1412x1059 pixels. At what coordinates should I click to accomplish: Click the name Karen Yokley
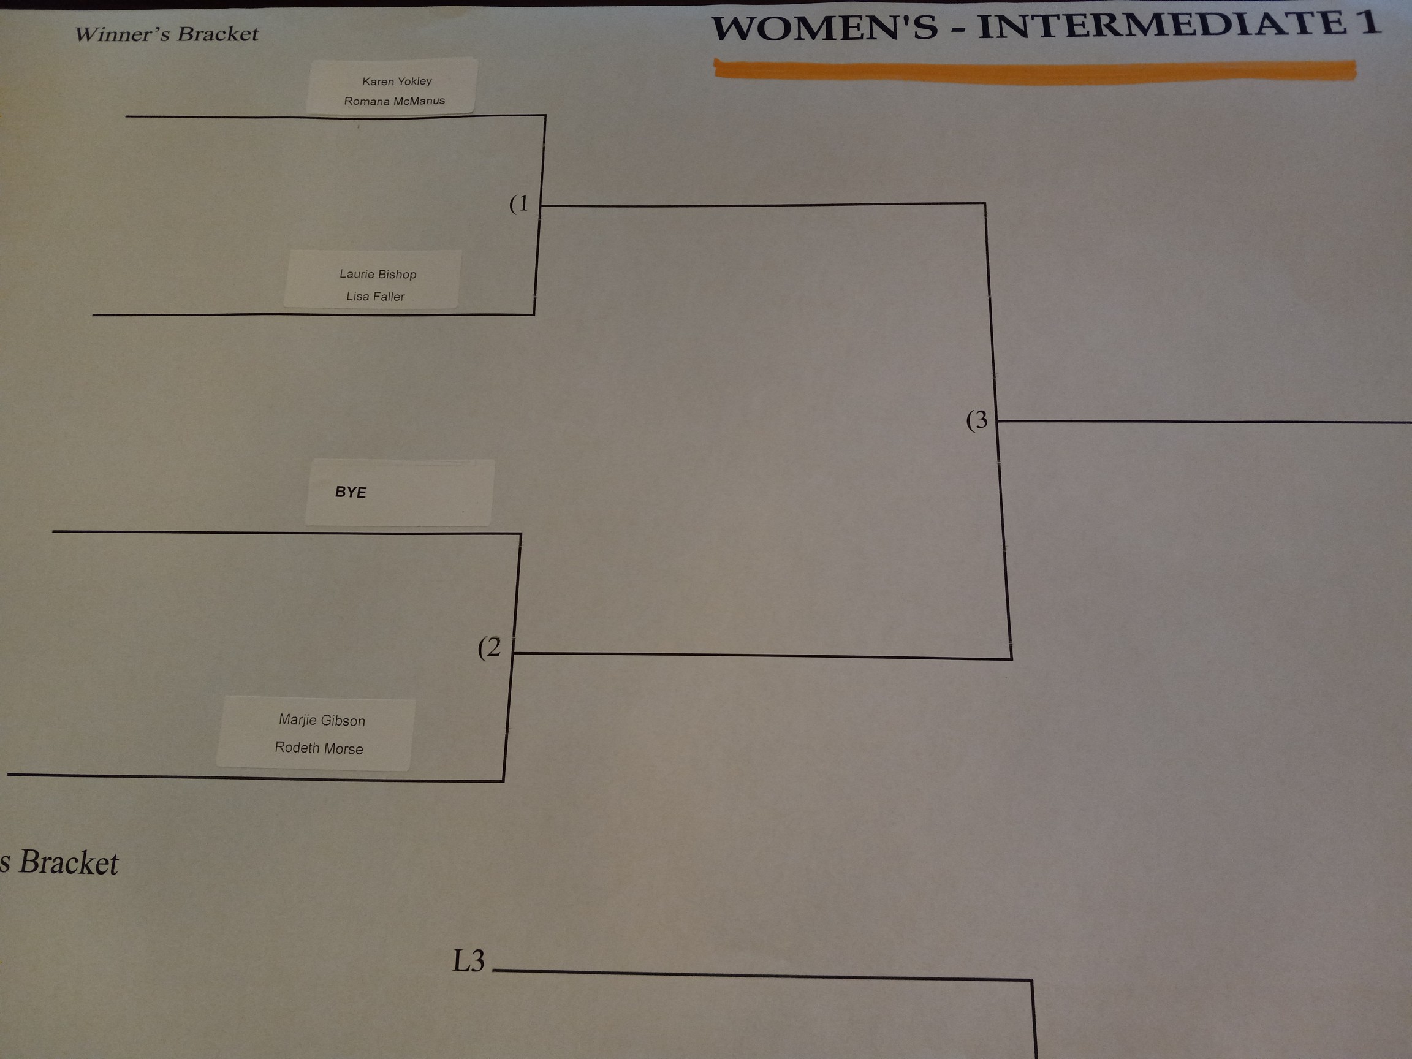pyautogui.click(x=397, y=81)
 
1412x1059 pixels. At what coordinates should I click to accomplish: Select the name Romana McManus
pyautogui.click(x=394, y=101)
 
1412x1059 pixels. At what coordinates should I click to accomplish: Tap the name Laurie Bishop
pyautogui.click(x=378, y=274)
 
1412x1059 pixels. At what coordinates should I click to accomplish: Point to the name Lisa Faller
pyautogui.click(x=375, y=296)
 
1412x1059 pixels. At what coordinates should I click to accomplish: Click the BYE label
pyautogui.click(x=351, y=492)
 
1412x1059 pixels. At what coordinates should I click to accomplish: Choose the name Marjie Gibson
pyautogui.click(x=322, y=720)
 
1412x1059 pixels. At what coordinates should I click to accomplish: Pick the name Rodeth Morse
pyautogui.click(x=319, y=748)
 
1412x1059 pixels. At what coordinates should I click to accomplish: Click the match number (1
pyautogui.click(x=519, y=203)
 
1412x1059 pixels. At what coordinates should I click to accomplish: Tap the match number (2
pyautogui.click(x=490, y=647)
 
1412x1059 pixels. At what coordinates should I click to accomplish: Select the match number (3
pyautogui.click(x=977, y=420)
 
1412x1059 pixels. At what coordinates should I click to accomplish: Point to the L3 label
pyautogui.click(x=469, y=961)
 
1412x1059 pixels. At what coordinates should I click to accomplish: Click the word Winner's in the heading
pyautogui.click(x=122, y=34)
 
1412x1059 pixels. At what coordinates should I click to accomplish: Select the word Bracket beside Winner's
pyautogui.click(x=218, y=33)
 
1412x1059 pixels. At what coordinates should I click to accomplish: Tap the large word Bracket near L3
pyautogui.click(x=68, y=863)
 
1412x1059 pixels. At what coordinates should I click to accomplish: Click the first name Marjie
pyautogui.click(x=297, y=719)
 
